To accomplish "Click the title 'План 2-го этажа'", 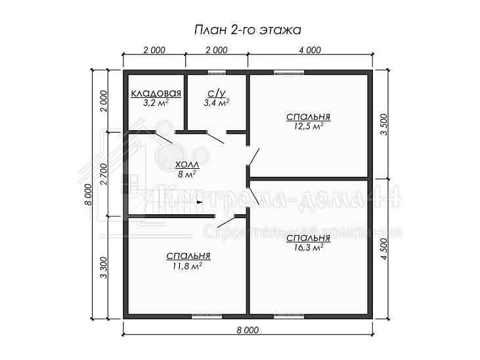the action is pos(248,30).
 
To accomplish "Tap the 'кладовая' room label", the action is pos(156,93).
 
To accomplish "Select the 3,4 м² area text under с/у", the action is pos(217,102).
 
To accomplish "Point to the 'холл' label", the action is pos(187,165).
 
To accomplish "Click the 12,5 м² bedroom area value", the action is pos(308,126).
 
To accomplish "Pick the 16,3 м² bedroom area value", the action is pos(308,247).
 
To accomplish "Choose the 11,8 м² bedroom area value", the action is pos(187,266).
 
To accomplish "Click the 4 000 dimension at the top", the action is pos(310,50).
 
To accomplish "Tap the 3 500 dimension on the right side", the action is pos(384,124).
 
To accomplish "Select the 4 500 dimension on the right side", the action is pos(384,248).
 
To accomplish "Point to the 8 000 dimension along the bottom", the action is pos(248,330).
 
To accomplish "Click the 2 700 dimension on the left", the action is pos(104,174).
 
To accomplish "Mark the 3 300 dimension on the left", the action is pos(104,267).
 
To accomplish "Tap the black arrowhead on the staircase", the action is pos(200,202).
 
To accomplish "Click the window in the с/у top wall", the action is pos(217,72).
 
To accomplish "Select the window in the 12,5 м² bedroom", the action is pos(289,72).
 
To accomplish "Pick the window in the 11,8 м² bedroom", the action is pos(207,317).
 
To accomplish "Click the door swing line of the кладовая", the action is pos(164,138).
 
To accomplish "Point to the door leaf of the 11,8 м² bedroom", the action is pos(226,221).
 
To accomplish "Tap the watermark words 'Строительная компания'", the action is pos(303,233).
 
